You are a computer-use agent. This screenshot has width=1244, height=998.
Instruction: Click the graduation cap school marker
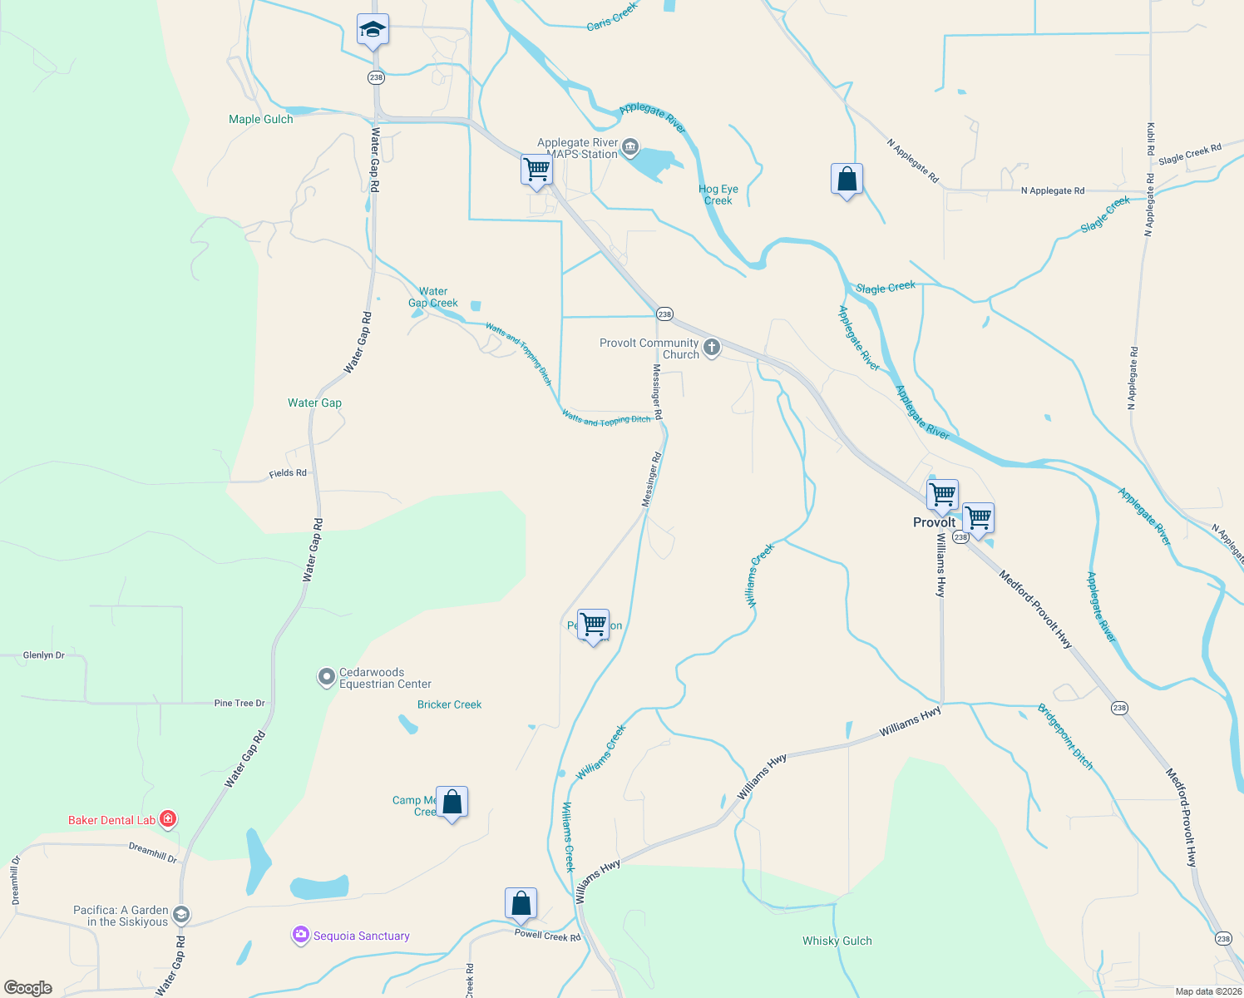(x=373, y=31)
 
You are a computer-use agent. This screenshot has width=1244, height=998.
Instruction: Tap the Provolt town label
(x=934, y=522)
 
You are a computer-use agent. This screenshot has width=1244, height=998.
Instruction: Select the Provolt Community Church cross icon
(x=712, y=348)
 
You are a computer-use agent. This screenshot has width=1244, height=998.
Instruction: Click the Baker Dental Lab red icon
(x=168, y=819)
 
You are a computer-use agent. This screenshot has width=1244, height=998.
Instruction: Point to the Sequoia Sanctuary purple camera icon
(x=300, y=936)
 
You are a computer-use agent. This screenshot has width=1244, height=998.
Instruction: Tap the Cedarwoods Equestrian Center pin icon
(x=327, y=677)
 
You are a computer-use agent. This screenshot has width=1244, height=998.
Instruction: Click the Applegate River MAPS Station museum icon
(x=630, y=148)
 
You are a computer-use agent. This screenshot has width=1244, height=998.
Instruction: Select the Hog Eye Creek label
(x=718, y=195)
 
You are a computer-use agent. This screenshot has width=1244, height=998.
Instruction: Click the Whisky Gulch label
(x=837, y=941)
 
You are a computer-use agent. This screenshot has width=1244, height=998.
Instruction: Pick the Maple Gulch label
(x=261, y=119)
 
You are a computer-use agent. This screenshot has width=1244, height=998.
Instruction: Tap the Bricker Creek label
(x=449, y=704)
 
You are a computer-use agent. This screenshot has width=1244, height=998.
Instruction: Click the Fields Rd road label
(x=288, y=473)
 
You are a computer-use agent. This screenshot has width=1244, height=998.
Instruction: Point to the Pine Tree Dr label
(x=239, y=703)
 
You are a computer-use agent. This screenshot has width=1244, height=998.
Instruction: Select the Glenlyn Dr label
(x=44, y=655)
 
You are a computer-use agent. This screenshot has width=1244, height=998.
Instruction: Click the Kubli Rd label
(x=1151, y=139)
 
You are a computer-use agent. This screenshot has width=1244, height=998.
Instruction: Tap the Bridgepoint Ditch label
(x=1066, y=737)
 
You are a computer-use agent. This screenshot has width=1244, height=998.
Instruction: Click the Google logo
(x=28, y=988)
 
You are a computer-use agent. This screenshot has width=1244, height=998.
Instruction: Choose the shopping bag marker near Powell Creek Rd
(x=521, y=904)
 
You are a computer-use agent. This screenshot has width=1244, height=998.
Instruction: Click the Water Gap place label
(x=314, y=403)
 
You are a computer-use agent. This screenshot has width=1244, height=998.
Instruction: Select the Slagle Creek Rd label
(x=1189, y=154)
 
